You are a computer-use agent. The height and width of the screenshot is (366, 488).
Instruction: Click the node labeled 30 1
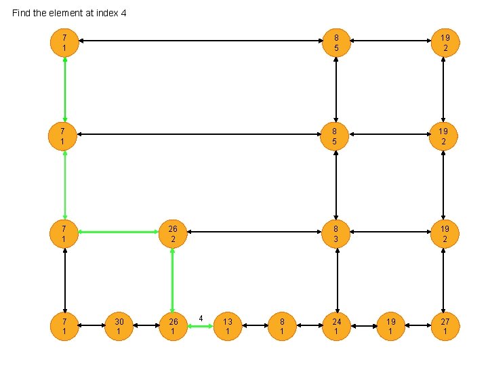point(119,326)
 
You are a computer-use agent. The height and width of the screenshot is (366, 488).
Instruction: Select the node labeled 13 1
point(228,326)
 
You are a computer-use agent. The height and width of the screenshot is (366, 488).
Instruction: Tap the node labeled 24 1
point(336,326)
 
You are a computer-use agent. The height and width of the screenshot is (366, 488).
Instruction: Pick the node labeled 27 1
point(445,326)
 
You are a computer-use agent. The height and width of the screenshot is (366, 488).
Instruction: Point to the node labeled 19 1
point(390,326)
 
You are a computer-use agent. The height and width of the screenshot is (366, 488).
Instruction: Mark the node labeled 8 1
point(282,326)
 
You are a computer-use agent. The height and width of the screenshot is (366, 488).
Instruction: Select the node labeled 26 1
point(173,326)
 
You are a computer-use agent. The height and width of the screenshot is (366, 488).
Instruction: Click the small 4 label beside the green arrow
point(201,318)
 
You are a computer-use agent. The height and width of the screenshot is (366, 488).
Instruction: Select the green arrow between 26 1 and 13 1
point(201,327)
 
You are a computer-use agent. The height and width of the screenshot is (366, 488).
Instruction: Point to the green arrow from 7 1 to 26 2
point(119,233)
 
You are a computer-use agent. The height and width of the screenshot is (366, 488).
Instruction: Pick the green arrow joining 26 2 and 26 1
point(173,279)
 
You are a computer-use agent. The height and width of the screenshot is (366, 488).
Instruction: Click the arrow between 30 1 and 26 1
point(146,326)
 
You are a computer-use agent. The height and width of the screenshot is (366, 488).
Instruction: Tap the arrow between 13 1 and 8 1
point(255,326)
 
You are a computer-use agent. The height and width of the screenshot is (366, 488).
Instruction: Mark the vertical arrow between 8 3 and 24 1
point(336,279)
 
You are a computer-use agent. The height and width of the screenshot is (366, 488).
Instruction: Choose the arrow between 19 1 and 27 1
point(418,326)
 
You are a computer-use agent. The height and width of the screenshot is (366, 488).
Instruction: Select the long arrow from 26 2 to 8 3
point(254,233)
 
